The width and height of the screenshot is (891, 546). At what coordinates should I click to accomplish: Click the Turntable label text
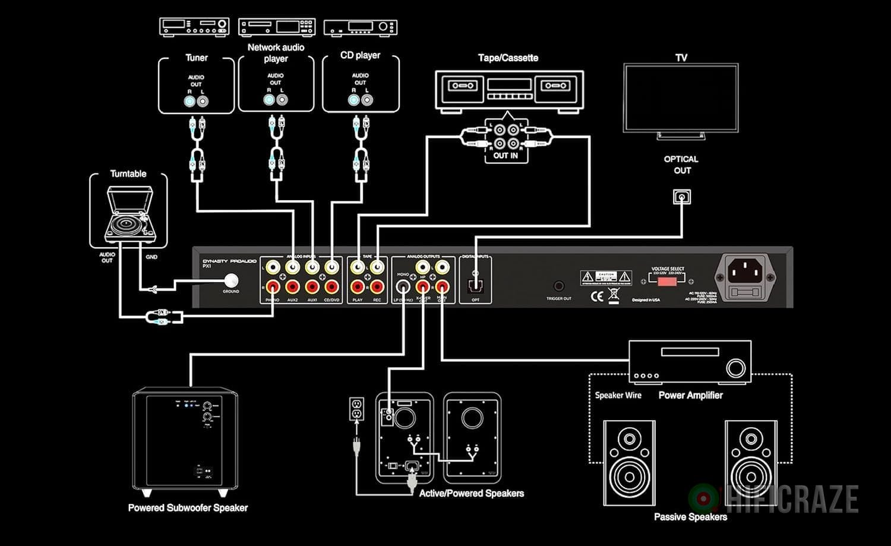click(x=128, y=173)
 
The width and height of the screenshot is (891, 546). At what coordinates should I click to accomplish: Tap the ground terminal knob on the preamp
click(x=230, y=280)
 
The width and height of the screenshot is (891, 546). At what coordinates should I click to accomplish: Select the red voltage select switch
click(x=667, y=280)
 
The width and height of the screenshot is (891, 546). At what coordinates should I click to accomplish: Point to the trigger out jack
click(x=558, y=286)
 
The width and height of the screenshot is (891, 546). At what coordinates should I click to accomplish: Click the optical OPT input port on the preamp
click(x=475, y=286)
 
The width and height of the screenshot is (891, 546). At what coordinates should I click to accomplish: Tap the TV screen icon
click(x=681, y=97)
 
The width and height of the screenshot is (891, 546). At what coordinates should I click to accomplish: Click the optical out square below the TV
click(x=681, y=197)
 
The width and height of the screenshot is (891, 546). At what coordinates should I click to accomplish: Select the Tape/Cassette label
click(x=508, y=58)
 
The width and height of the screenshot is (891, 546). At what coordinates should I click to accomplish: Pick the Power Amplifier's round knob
click(x=735, y=368)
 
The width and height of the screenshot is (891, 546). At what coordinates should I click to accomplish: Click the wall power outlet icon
click(x=356, y=409)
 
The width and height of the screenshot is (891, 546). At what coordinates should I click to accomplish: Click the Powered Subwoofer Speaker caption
click(x=188, y=508)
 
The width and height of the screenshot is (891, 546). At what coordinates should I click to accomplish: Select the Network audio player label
click(x=276, y=52)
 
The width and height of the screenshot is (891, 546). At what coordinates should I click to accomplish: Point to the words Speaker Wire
click(x=618, y=395)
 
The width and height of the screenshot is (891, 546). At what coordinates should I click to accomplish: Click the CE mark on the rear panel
click(x=597, y=295)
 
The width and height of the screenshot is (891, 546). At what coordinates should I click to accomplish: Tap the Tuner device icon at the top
click(x=194, y=27)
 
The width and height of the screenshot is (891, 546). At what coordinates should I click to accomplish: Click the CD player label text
click(x=360, y=55)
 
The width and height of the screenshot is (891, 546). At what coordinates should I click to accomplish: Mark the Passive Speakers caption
click(x=690, y=517)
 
